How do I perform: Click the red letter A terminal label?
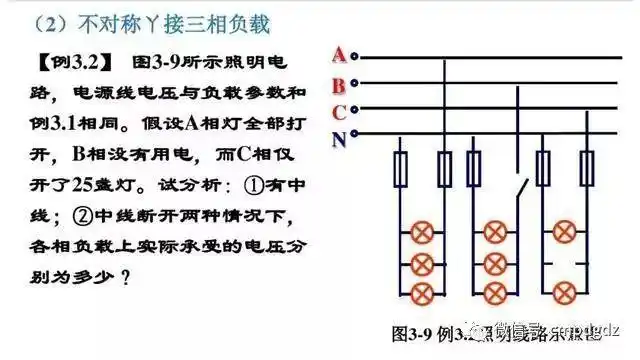(x=340, y=54)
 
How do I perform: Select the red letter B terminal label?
(x=340, y=84)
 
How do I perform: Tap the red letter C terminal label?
(x=340, y=110)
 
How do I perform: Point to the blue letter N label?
(x=340, y=137)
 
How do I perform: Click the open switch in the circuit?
(x=517, y=186)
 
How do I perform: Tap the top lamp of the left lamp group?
(x=422, y=232)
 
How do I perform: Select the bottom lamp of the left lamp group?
(x=422, y=292)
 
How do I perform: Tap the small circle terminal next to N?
(x=357, y=137)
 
